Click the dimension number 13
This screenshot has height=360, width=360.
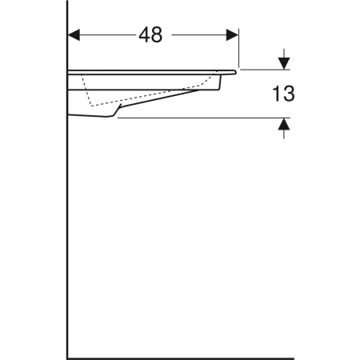point(282,94)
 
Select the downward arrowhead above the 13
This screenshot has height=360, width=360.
point(283,62)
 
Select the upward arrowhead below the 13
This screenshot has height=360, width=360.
point(283,125)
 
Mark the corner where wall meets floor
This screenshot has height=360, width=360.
point(67,357)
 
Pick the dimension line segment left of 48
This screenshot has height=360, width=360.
point(104,35)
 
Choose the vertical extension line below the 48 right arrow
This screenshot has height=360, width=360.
point(238,52)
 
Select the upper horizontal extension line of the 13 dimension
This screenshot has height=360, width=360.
point(264,70)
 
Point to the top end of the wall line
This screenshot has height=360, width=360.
point(67,3)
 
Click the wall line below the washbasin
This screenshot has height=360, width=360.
point(67,240)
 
